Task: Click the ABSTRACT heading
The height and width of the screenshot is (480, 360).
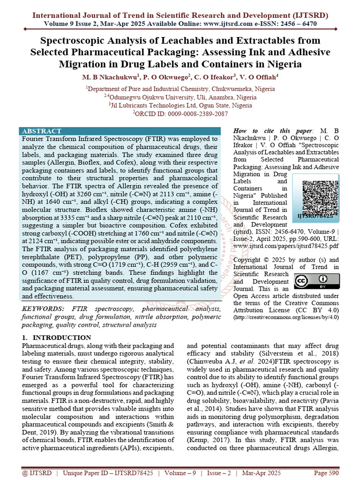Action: [x=42, y=131]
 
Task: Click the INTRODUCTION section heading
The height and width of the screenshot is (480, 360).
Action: [x=57, y=337]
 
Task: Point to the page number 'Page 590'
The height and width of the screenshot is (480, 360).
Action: [x=325, y=473]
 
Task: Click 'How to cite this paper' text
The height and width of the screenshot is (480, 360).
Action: [x=269, y=131]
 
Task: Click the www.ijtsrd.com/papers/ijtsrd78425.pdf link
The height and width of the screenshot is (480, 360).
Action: [x=285, y=245]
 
